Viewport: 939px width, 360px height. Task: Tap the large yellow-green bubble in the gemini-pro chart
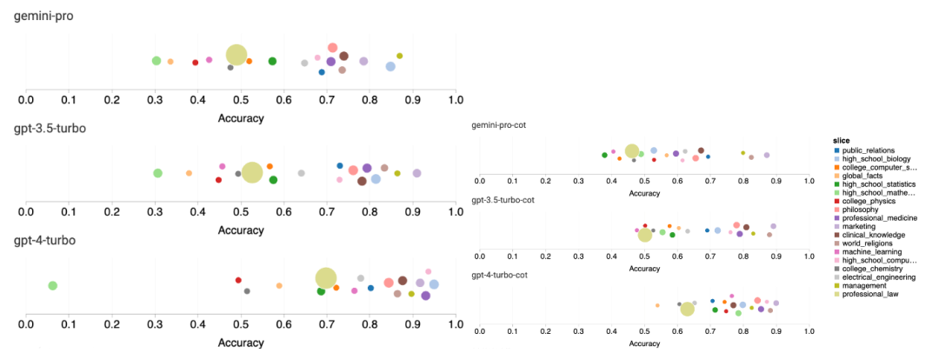236,54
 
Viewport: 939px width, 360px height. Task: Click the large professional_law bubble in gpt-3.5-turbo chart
251,172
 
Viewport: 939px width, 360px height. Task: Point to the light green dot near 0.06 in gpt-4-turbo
52,285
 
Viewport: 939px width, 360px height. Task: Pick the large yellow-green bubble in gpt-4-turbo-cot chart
687,309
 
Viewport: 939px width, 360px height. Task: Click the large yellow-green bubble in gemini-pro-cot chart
632,151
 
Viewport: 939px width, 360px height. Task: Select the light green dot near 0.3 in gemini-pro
156,61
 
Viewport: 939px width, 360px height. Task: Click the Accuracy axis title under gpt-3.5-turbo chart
241,230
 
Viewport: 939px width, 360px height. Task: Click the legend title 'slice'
841,141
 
